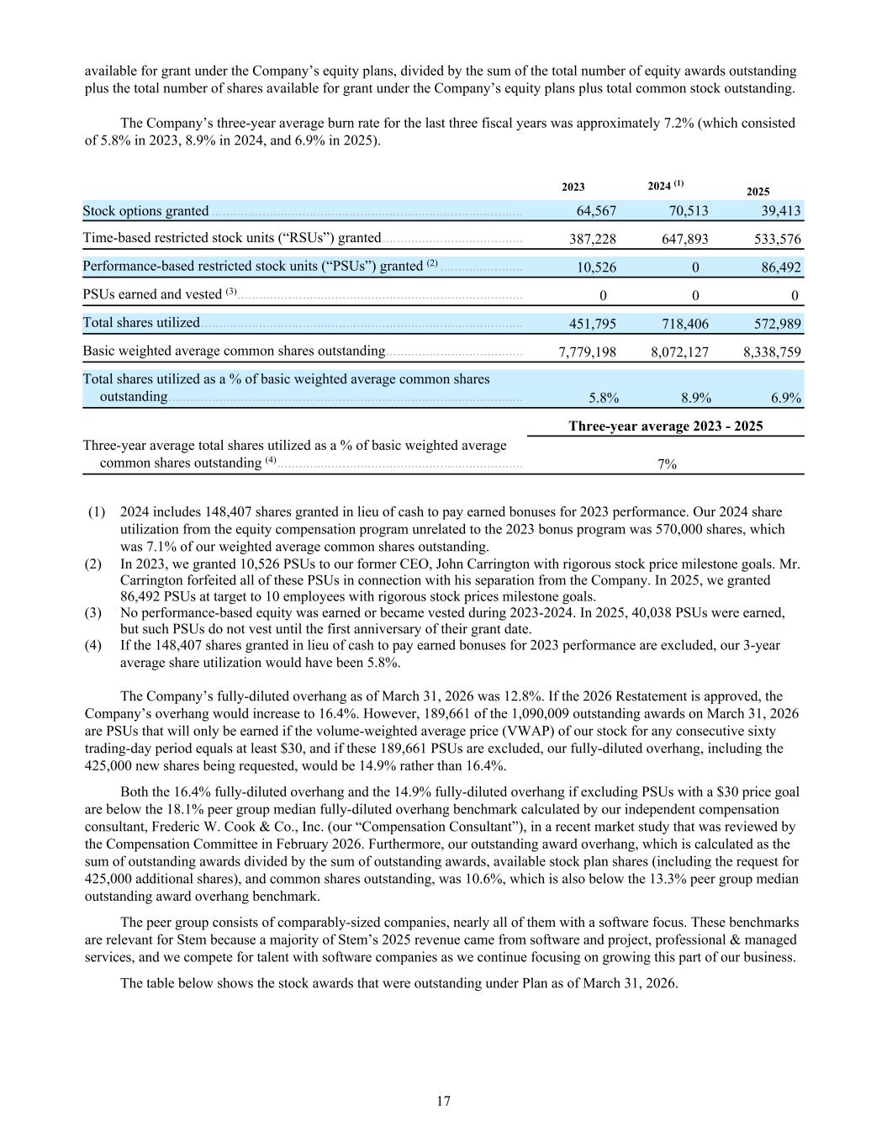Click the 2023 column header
click(573, 188)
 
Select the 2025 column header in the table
click(758, 192)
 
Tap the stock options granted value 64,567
click(596, 211)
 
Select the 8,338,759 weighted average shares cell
click(771, 352)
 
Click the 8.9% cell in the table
click(695, 398)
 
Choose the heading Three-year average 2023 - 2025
click(665, 426)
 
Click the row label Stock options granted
click(145, 211)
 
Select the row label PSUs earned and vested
click(151, 294)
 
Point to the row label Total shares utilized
click(141, 323)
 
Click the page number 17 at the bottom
click(444, 1101)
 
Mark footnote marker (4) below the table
click(98, 645)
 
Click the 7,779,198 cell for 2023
click(587, 352)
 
